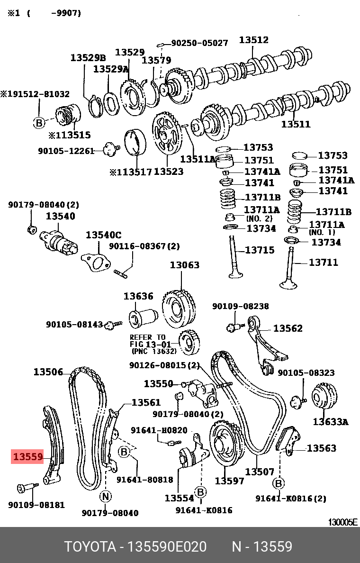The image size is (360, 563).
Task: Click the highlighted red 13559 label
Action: pyautogui.click(x=28, y=457)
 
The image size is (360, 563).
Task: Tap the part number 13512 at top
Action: pyautogui.click(x=253, y=40)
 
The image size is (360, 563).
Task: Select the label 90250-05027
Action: pyautogui.click(x=199, y=43)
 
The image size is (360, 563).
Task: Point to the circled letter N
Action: pyautogui.click(x=105, y=496)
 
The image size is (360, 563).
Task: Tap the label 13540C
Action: pyautogui.click(x=103, y=235)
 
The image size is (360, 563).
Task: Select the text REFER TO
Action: pyautogui.click(x=148, y=337)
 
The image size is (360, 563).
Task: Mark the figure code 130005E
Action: pyautogui.click(x=343, y=522)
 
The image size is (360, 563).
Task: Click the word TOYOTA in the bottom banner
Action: pyautogui.click(x=90, y=547)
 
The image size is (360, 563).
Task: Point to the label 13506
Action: pyautogui.click(x=48, y=372)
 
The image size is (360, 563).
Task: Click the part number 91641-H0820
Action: pyautogui.click(x=159, y=430)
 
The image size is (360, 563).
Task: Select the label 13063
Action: pyautogui.click(x=185, y=265)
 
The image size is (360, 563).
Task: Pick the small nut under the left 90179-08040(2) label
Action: pyautogui.click(x=32, y=230)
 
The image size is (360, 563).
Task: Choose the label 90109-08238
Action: pyautogui.click(x=240, y=306)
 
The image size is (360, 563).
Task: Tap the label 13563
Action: pyautogui.click(x=322, y=448)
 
